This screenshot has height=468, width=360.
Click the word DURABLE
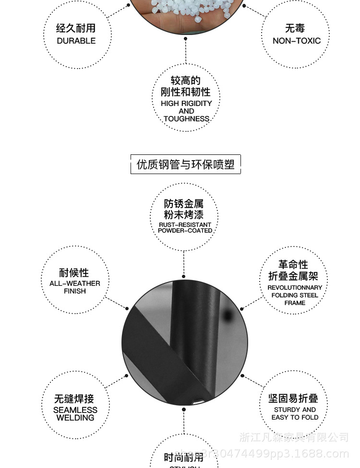76,41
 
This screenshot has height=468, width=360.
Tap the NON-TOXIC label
296,41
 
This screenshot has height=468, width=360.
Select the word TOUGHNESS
186,118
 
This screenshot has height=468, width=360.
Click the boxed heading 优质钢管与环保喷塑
185,164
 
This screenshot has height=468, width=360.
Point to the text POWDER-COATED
185,231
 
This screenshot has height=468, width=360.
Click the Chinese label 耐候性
74,272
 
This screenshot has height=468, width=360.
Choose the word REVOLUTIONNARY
295,288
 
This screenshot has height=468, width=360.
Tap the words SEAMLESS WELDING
75,414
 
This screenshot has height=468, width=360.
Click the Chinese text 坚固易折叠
293,398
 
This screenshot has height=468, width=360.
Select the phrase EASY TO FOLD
295,417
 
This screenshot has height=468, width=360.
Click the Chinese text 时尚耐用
183,457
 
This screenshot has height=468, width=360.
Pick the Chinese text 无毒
295,28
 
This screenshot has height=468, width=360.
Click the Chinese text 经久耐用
76,28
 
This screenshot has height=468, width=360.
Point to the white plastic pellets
185,10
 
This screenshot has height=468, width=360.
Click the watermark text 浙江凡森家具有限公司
294,437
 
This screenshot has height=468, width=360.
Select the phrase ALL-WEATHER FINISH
74,287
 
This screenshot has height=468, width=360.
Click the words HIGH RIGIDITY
186,103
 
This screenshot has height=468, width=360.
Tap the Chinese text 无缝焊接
74,398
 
